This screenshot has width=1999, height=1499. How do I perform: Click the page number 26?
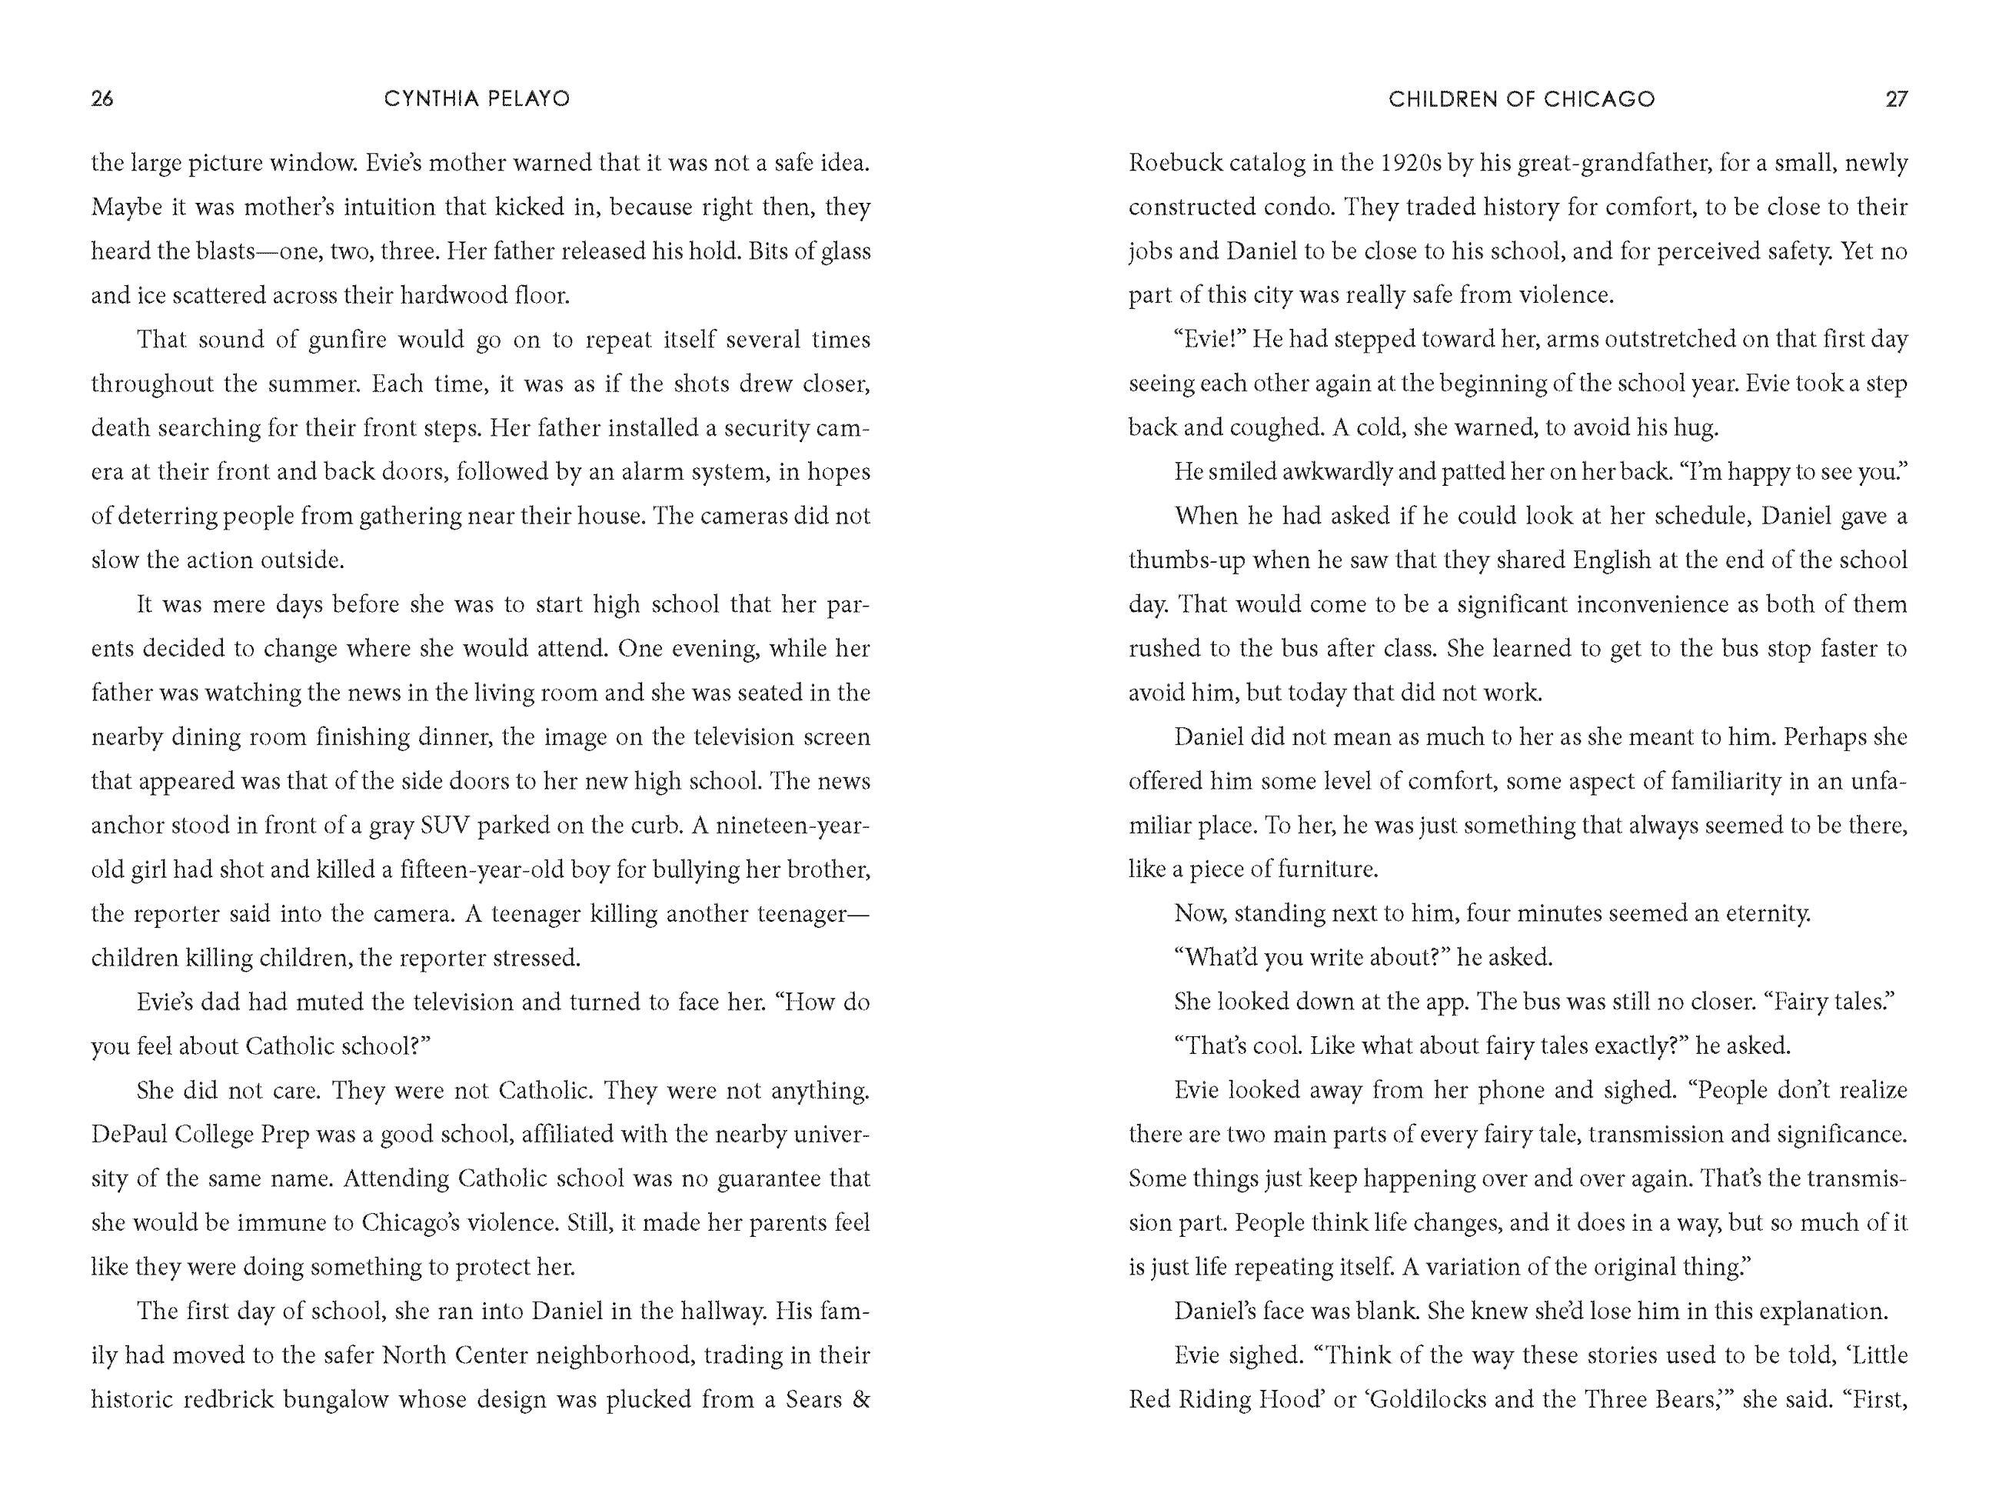[x=102, y=98]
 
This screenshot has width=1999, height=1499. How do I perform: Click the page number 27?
[x=1896, y=98]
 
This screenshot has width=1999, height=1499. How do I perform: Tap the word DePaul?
[x=128, y=1134]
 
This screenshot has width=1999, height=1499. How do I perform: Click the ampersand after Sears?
[x=860, y=1399]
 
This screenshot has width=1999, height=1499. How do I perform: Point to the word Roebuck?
[x=1171, y=164]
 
